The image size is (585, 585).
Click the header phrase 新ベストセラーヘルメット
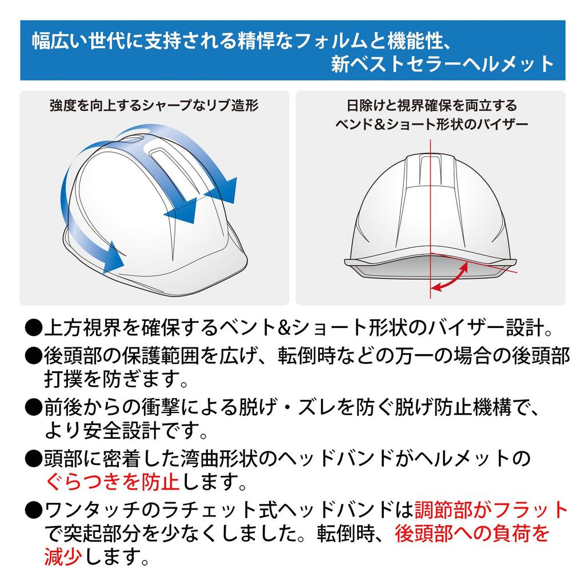click(443, 64)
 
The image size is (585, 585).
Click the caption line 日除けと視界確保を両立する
click(431, 106)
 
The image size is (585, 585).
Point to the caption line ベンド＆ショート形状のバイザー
click(431, 124)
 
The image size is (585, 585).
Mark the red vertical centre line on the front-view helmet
click(429, 217)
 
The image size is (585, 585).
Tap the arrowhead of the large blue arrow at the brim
click(114, 257)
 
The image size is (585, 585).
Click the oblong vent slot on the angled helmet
click(163, 171)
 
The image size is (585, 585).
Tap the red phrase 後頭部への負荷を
click(472, 533)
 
